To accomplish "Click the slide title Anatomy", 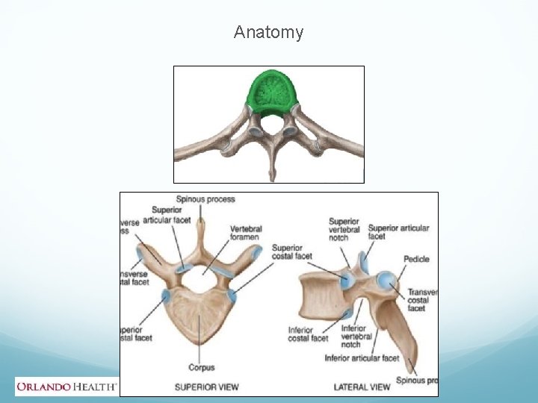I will pyautogui.click(x=268, y=32).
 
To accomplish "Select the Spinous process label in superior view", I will pyautogui.click(x=205, y=199).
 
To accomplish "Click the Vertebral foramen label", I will pyautogui.click(x=247, y=233).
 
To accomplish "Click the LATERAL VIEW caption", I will pyautogui.click(x=362, y=387).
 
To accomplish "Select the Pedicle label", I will pyautogui.click(x=416, y=259).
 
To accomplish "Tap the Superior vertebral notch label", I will pyautogui.click(x=344, y=229).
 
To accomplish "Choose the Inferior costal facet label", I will pyautogui.click(x=308, y=334).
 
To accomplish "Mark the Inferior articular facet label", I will pyautogui.click(x=362, y=358).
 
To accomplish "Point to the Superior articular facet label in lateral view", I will pyautogui.click(x=398, y=231).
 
